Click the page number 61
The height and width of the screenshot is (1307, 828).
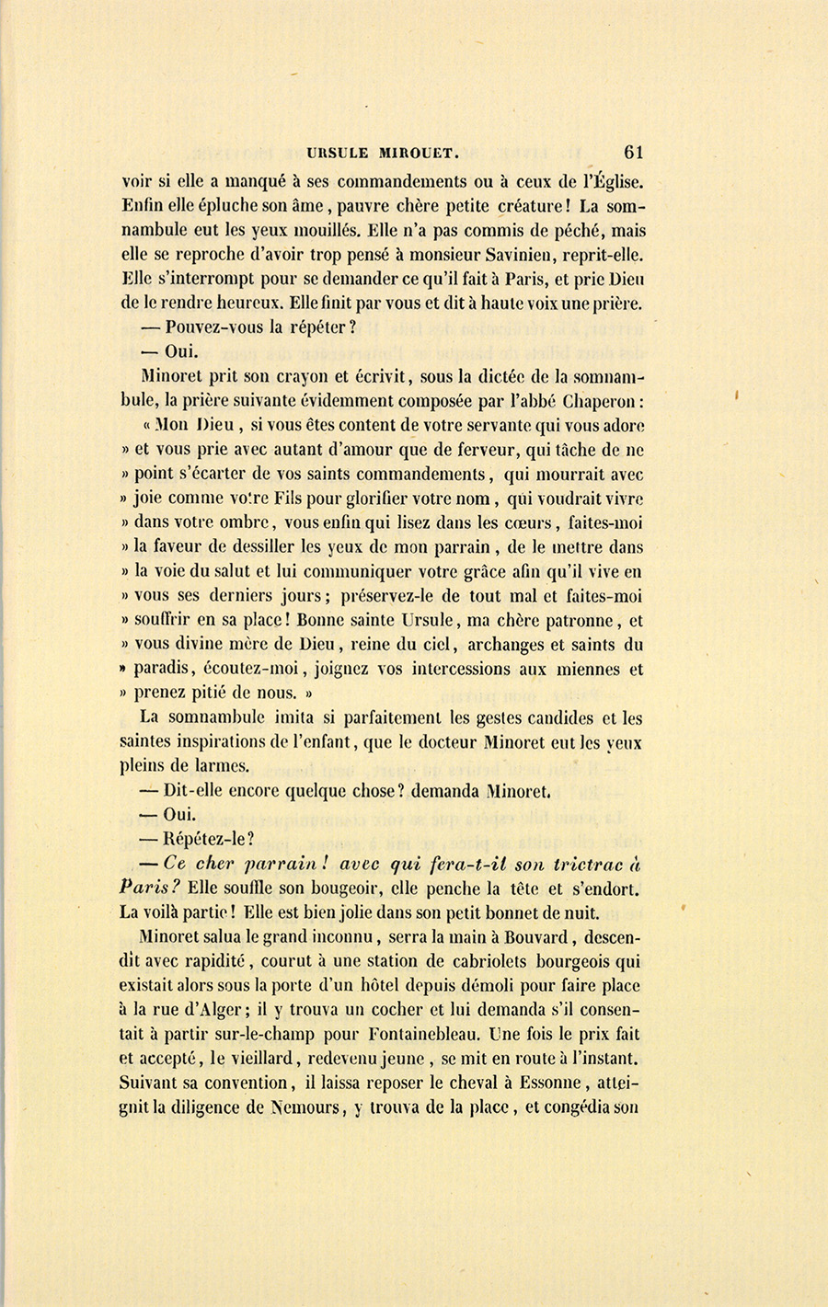point(633,152)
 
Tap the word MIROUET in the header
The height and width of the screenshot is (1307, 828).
point(408,153)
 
